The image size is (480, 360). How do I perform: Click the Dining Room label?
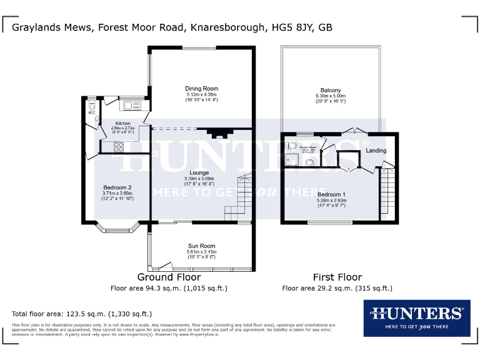coord(201,89)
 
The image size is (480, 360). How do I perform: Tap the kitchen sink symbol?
coord(132,105)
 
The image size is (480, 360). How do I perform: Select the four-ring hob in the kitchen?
coord(118,147)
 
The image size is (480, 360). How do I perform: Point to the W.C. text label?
coord(91,113)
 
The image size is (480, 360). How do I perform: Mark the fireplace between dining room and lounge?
coord(218,133)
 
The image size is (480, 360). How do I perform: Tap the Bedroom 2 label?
coord(117,188)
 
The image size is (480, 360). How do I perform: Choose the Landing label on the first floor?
coord(376,151)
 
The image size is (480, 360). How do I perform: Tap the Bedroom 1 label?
coord(331,194)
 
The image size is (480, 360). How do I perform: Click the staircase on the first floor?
coord(387,191)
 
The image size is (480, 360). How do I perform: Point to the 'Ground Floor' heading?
coord(169,277)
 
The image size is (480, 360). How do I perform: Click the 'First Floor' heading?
coord(337,277)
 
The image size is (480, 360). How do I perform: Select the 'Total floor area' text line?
coord(82,314)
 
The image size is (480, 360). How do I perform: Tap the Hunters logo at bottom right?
coord(416,317)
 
